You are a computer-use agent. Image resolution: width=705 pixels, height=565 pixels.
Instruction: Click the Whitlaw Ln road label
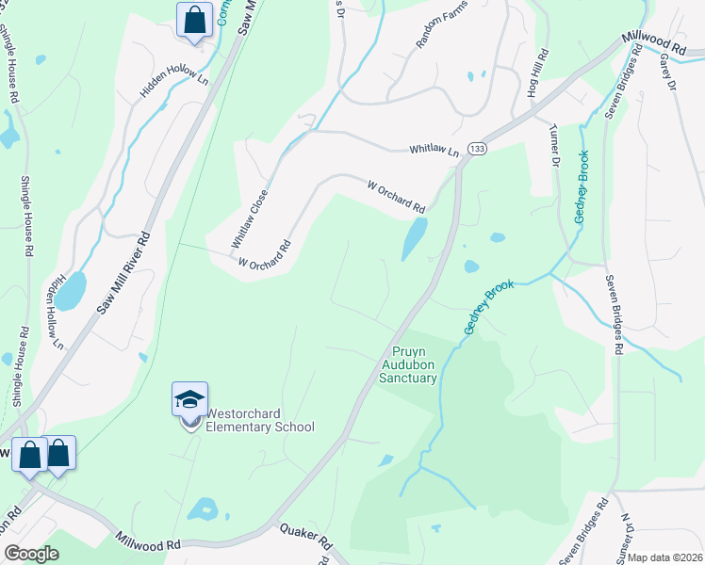pos(433,151)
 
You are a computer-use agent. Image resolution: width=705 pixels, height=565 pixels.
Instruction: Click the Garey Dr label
pos(669,72)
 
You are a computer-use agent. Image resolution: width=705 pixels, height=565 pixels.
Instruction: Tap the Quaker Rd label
pos(305,538)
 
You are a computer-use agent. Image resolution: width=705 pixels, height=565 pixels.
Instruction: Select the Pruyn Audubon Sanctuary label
pos(408,364)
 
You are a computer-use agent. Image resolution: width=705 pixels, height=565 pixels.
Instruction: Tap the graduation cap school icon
pos(189,399)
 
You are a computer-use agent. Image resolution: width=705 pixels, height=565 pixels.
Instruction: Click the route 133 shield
pos(479,150)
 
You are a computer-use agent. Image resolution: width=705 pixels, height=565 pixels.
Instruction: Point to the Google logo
pos(31,554)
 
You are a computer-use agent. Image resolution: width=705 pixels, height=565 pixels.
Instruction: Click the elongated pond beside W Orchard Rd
pos(414,239)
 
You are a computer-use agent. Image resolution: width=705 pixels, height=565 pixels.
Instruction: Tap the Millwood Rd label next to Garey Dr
pos(653,43)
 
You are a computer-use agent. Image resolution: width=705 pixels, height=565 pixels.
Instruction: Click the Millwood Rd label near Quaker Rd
pos(147,543)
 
